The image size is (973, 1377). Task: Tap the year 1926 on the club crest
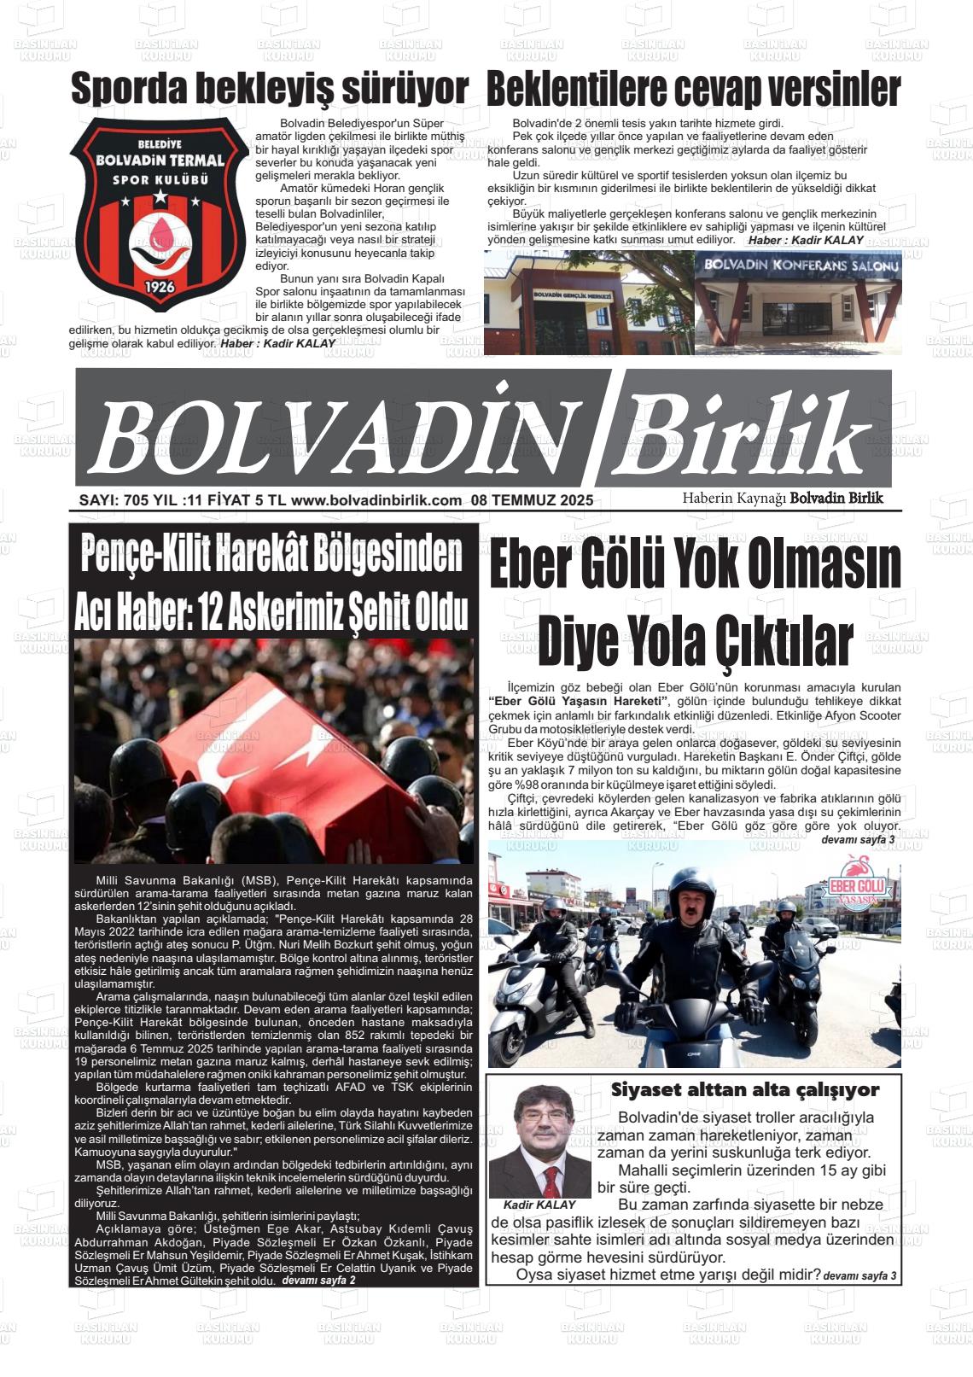point(160,286)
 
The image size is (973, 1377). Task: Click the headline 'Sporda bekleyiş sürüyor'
point(269,90)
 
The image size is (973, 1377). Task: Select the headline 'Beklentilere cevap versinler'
point(693,90)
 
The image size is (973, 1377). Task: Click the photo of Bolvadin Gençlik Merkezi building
point(587,303)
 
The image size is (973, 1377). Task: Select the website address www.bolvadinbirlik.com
point(376,501)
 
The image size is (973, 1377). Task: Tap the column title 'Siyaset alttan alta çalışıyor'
point(744,1090)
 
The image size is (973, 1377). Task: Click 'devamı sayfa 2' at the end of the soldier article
point(318,1281)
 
